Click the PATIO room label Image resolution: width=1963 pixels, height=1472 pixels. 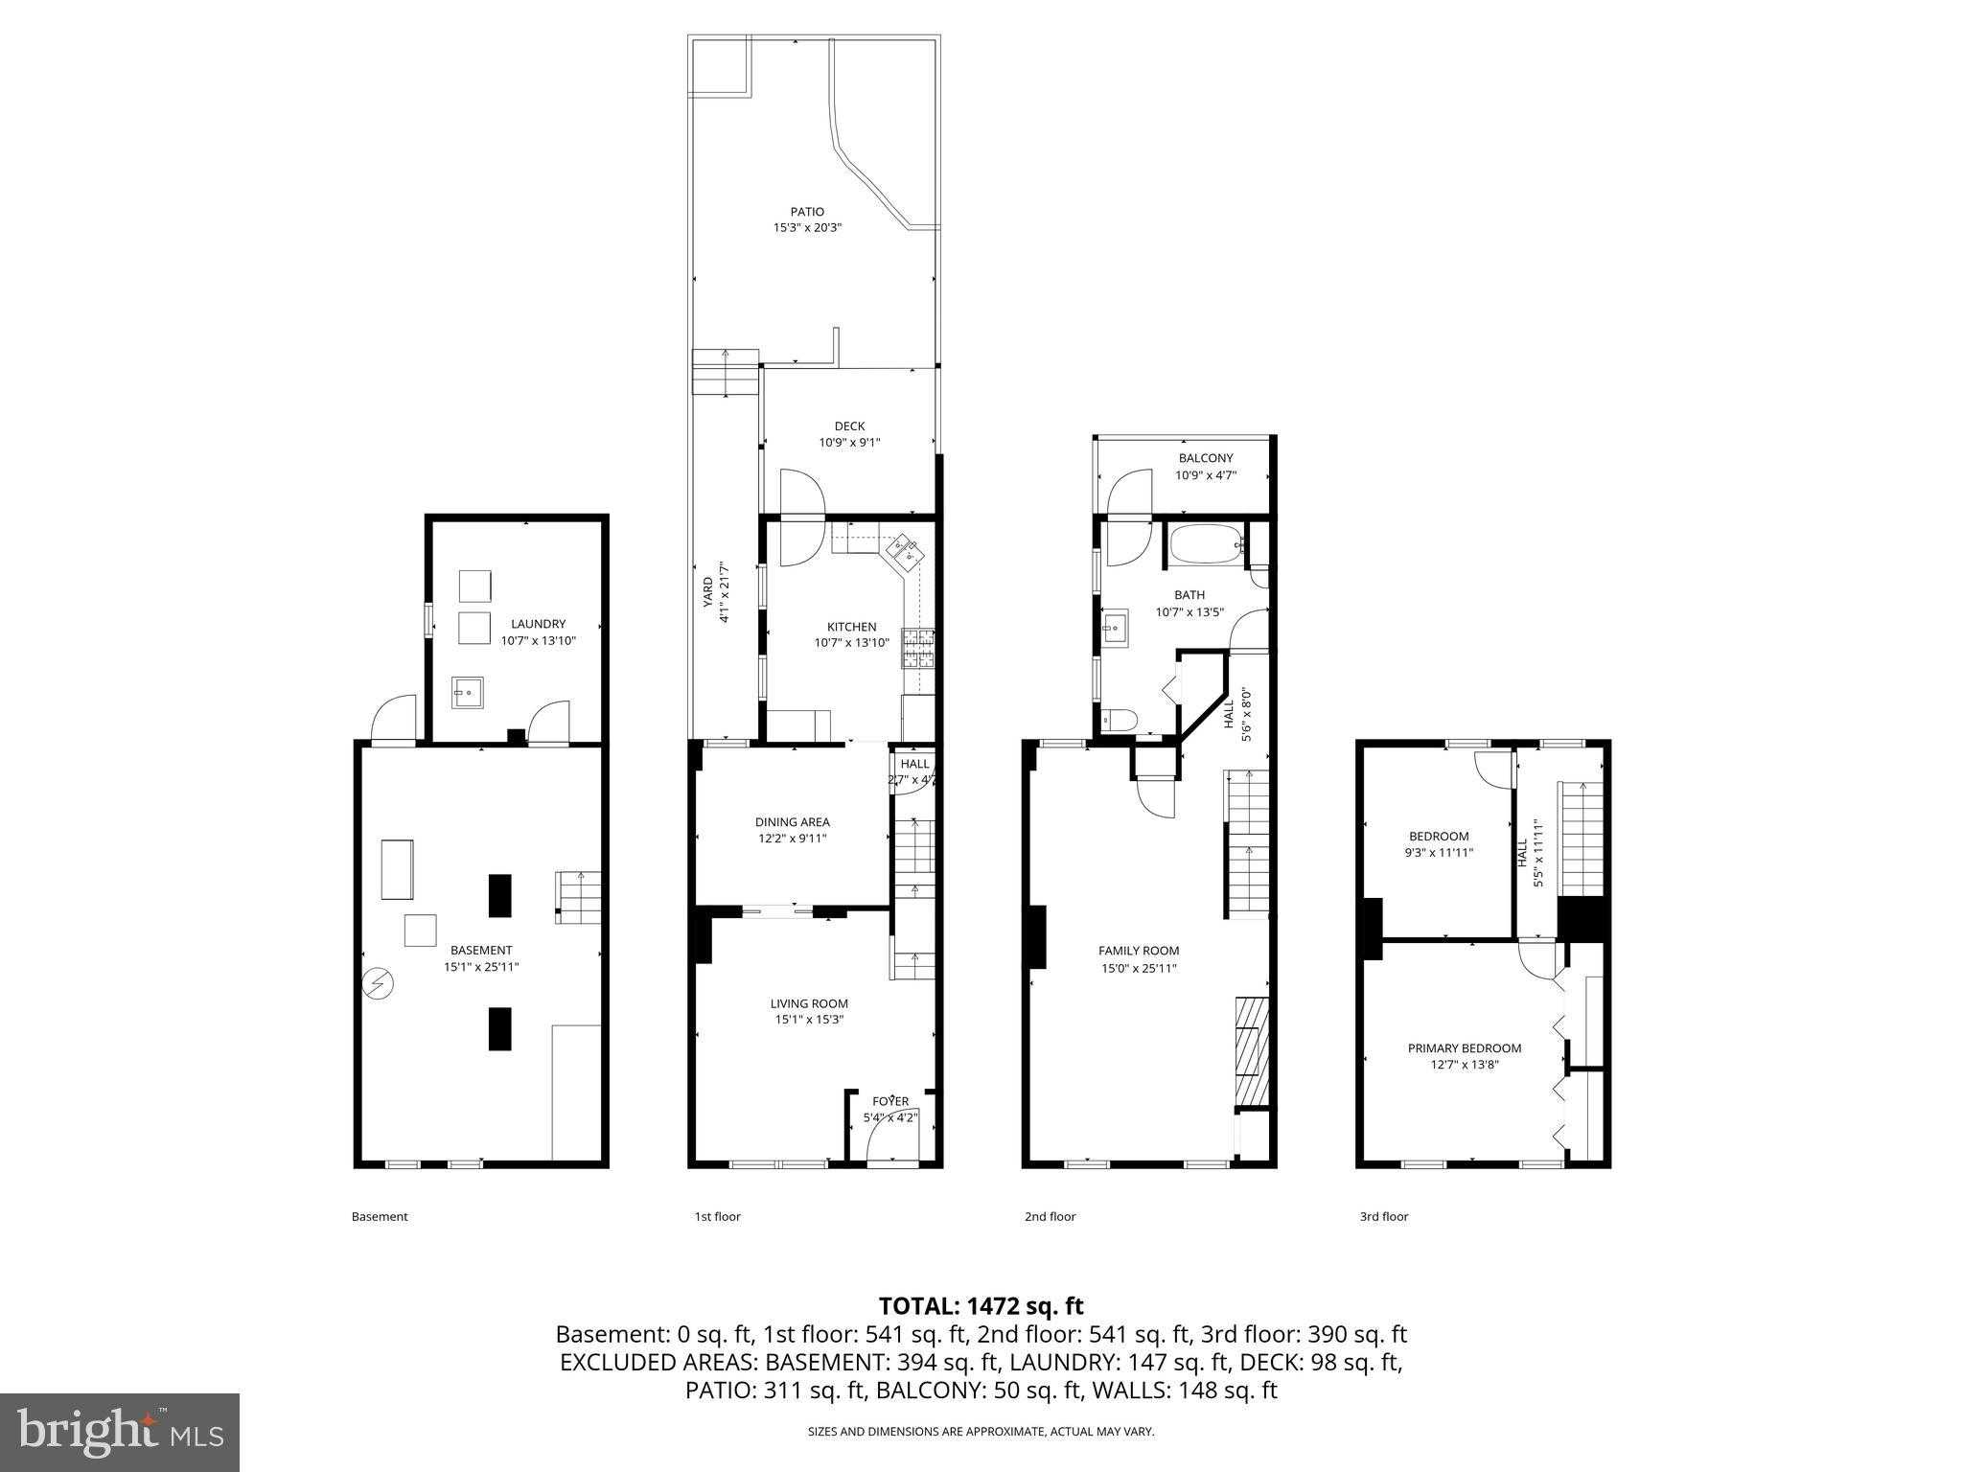click(807, 212)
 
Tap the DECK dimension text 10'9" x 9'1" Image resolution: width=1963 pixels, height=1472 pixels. click(849, 443)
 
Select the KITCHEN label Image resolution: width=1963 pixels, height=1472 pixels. click(852, 627)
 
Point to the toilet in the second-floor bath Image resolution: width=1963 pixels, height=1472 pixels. click(1118, 719)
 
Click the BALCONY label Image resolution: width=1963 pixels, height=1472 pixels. click(1206, 458)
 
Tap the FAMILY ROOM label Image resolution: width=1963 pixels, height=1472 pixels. click(1139, 951)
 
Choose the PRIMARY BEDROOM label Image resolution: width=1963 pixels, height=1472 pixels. click(1465, 1048)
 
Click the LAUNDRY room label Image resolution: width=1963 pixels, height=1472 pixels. click(538, 624)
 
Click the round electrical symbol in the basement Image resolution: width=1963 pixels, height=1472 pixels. click(377, 984)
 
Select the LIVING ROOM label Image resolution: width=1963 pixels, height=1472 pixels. click(809, 1004)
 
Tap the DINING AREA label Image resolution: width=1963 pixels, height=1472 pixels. click(793, 822)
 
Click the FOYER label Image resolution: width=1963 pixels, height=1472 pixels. click(890, 1102)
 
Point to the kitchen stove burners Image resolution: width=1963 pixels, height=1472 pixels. click(916, 648)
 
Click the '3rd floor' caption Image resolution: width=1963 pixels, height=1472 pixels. click(1384, 1217)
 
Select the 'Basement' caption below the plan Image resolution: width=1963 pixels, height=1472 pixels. click(380, 1217)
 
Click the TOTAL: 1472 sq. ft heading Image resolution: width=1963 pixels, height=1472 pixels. click(981, 1306)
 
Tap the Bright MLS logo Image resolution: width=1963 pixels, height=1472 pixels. click(120, 1432)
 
